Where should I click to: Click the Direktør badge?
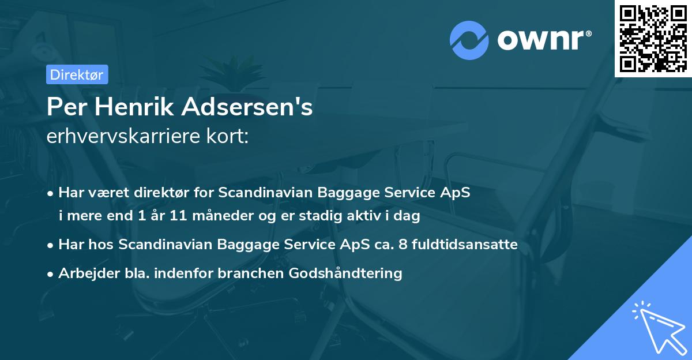pyautogui.click(x=77, y=74)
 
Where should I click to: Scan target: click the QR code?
pyautogui.click(x=652, y=39)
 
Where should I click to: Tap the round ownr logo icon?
pyautogui.click(x=468, y=40)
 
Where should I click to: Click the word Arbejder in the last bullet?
pyautogui.click(x=84, y=273)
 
